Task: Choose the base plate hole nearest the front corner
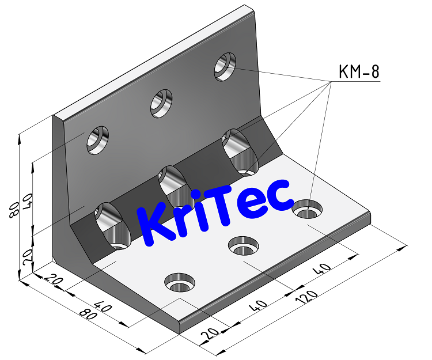click(x=180, y=283)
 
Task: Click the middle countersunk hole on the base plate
click(x=243, y=247)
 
